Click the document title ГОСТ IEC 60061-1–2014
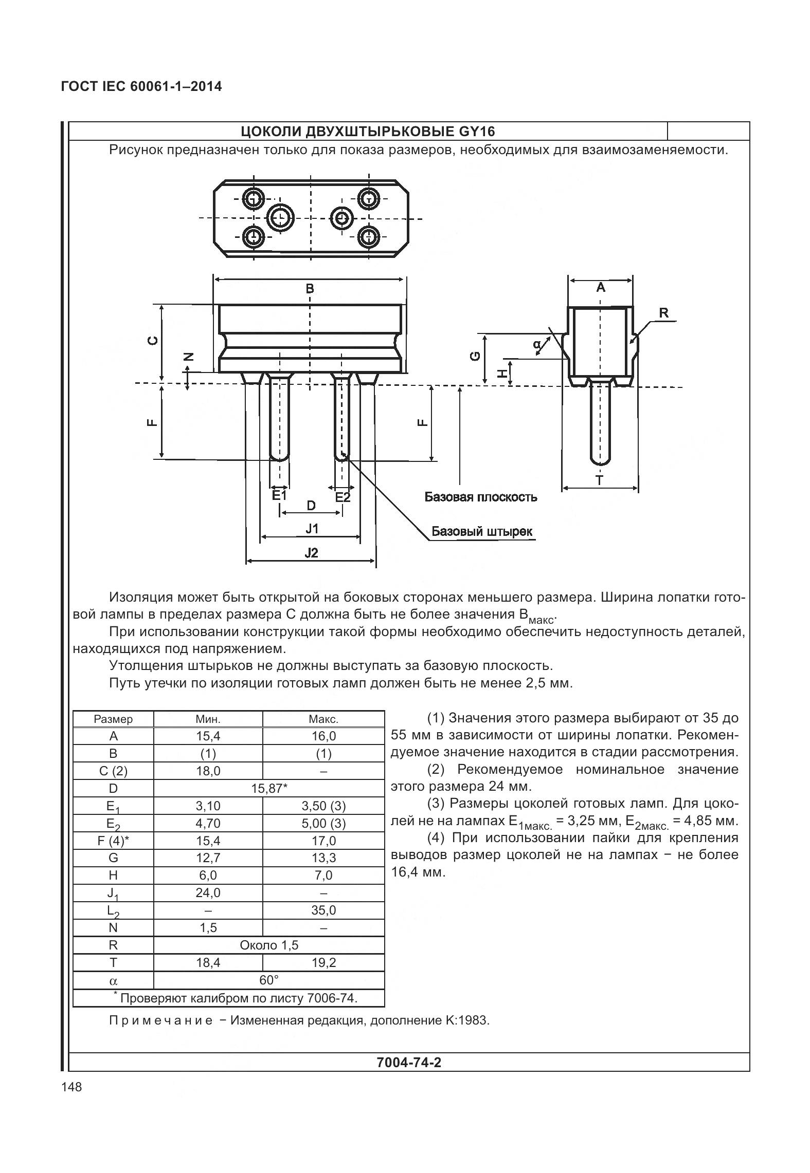[x=141, y=86]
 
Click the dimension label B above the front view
[x=310, y=289]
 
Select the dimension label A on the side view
[x=600, y=288]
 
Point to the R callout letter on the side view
[x=664, y=313]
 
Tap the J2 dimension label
[x=311, y=553]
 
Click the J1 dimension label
[x=312, y=528]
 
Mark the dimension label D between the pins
[x=311, y=506]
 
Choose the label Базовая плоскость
[x=480, y=497]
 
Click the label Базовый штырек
[x=482, y=531]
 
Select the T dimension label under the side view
[x=599, y=480]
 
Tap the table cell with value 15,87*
[x=269, y=788]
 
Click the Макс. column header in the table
[x=323, y=719]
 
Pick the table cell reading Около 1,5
[x=269, y=945]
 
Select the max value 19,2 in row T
[x=323, y=962]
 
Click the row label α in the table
[x=113, y=980]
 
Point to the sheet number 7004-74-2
[x=409, y=1062]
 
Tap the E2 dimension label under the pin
[x=343, y=497]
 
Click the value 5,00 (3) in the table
[x=323, y=824]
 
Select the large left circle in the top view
[x=281, y=217]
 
